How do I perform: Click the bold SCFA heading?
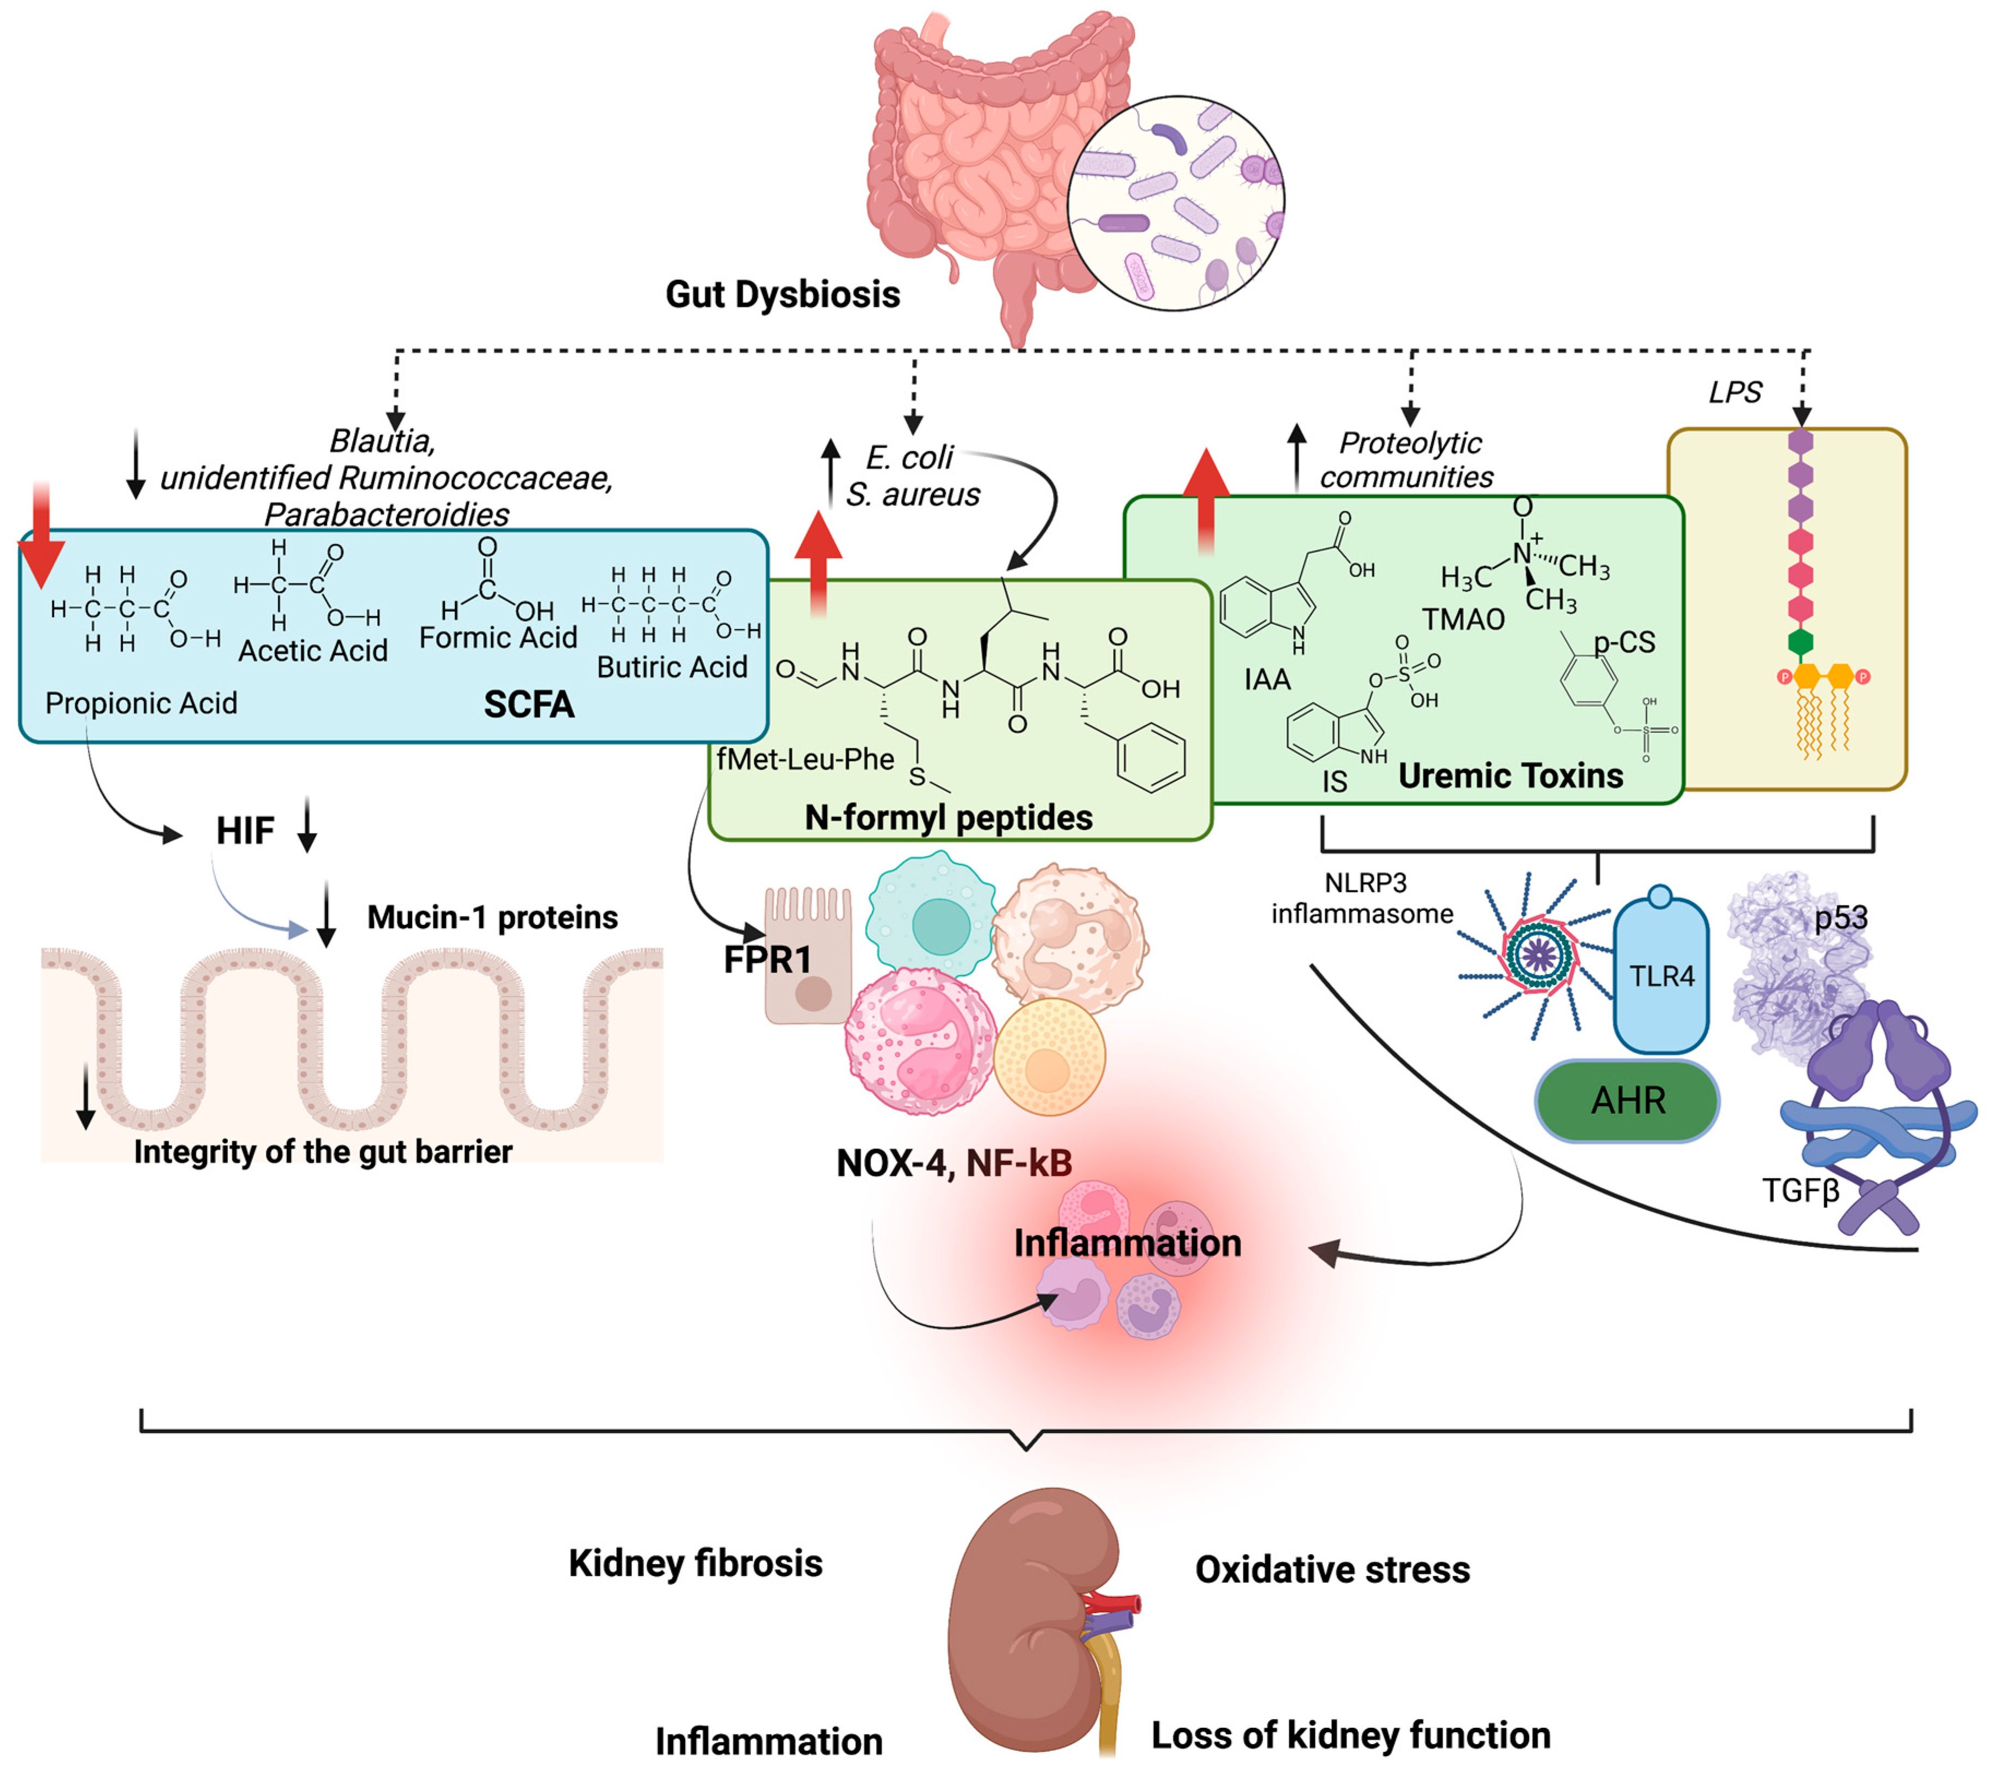point(529,704)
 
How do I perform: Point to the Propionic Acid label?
point(141,703)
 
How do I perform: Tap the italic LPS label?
point(1735,392)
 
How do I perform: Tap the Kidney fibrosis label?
point(695,1562)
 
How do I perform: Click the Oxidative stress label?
point(1332,1570)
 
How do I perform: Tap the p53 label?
point(1840,917)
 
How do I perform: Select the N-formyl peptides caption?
point(948,817)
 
